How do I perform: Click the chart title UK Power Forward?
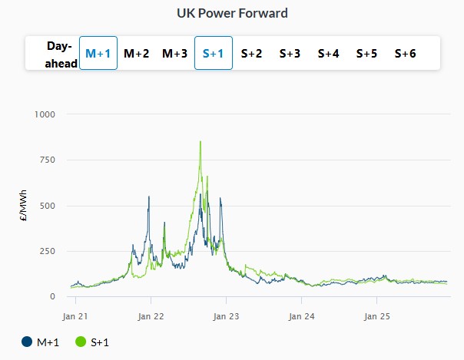[232, 13]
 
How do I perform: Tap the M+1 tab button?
[98, 54]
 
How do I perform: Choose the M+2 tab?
[137, 54]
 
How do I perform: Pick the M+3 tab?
[174, 54]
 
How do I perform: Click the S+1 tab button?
[214, 54]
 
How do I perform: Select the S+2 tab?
[252, 54]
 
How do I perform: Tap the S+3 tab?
[290, 54]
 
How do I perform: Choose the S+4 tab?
[329, 54]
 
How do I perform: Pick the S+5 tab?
[367, 54]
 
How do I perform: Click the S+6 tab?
[406, 54]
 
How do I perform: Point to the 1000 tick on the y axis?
[45, 114]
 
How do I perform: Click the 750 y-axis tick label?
[48, 160]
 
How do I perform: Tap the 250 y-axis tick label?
[48, 251]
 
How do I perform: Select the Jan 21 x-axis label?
[75, 315]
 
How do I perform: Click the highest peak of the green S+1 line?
[201, 142]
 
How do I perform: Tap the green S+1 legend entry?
[93, 342]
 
